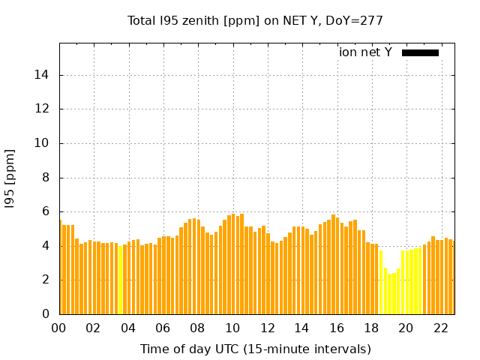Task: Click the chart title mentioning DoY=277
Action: pyautogui.click(x=255, y=21)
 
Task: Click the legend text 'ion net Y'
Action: pyautogui.click(x=365, y=52)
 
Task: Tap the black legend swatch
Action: pyautogui.click(x=420, y=52)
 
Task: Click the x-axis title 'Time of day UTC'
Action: pyautogui.click(x=255, y=349)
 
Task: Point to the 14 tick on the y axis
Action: pyautogui.click(x=43, y=75)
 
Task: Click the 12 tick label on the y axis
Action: pyautogui.click(x=43, y=109)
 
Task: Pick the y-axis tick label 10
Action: pyautogui.click(x=43, y=143)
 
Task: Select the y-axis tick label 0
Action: pyautogui.click(x=46, y=314)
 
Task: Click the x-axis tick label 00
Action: pyautogui.click(x=58, y=328)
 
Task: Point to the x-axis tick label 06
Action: pyautogui.click(x=163, y=328)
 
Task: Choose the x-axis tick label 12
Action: pyautogui.click(x=267, y=328)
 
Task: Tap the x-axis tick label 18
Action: pyautogui.click(x=371, y=328)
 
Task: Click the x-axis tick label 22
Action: pyautogui.click(x=440, y=328)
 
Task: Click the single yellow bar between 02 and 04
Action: pyautogui.click(x=120, y=281)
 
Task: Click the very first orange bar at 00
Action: pyautogui.click(x=61, y=270)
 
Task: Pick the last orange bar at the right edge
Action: pyautogui.click(x=451, y=277)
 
